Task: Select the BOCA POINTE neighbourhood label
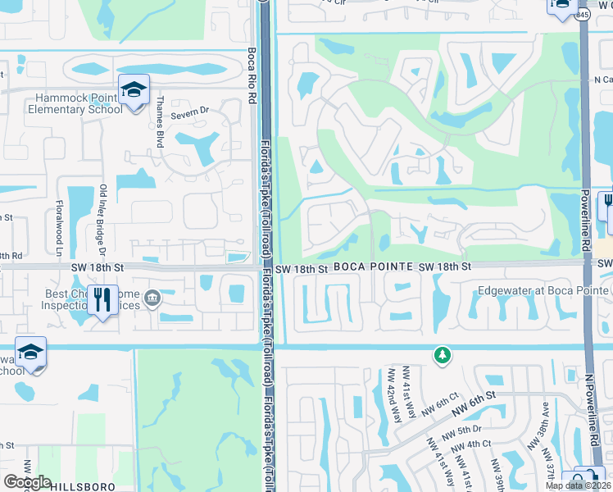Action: [x=372, y=268]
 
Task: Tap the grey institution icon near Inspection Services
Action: [x=152, y=298]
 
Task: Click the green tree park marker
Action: [x=442, y=354]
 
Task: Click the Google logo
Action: [x=28, y=482]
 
